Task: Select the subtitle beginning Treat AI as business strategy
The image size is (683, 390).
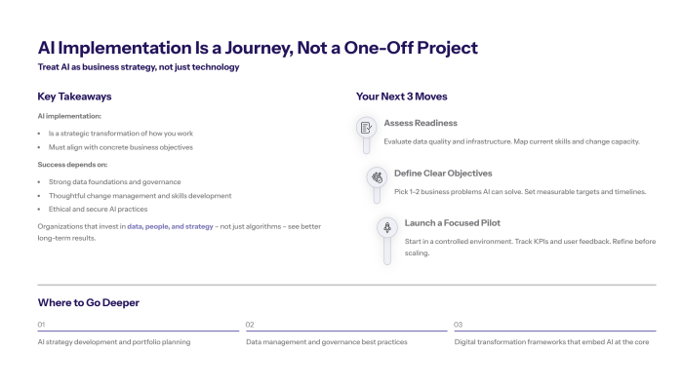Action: click(138, 67)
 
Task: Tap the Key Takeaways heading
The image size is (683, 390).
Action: click(74, 97)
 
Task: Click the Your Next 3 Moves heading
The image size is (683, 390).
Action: click(402, 97)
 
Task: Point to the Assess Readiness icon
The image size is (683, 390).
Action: click(366, 127)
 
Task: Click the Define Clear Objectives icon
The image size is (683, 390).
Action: click(376, 177)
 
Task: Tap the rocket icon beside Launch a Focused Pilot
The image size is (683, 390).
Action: click(386, 227)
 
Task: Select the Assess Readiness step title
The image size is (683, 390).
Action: click(420, 123)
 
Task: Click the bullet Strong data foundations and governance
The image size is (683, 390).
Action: click(114, 181)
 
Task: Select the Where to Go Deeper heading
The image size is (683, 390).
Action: click(88, 302)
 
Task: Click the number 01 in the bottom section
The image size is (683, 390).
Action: click(41, 324)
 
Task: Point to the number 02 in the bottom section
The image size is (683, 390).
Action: click(250, 324)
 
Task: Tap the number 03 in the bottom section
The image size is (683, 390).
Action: click(459, 324)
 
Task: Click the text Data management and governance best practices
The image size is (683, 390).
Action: click(326, 342)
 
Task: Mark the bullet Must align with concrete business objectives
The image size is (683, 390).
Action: click(121, 146)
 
